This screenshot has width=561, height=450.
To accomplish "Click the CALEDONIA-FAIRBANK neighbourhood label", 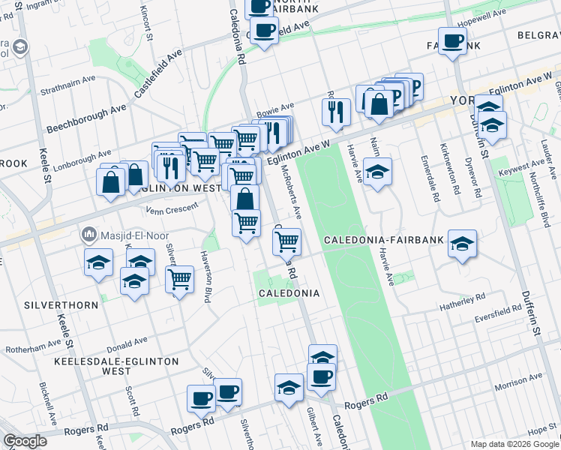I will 385,241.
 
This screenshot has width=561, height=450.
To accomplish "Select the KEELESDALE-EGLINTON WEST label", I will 116,366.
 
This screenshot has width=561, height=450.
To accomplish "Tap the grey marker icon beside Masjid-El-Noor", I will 89,235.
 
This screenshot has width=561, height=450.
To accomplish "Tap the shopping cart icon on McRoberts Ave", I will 286,241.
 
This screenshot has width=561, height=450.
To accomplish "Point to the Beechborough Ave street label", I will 87,118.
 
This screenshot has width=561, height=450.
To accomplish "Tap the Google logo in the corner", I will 25,441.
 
